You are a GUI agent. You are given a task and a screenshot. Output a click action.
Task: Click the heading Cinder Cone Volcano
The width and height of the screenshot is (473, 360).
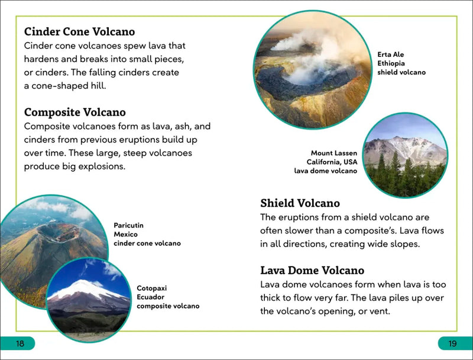point(79,32)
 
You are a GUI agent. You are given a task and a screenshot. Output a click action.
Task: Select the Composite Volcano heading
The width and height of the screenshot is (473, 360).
point(74,112)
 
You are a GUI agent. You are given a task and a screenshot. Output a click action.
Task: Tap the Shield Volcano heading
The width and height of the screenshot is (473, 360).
point(300,203)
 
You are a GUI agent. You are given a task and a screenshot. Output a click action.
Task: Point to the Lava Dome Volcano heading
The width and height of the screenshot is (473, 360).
point(312,271)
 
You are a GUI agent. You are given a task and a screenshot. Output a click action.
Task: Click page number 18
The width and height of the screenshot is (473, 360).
point(20,344)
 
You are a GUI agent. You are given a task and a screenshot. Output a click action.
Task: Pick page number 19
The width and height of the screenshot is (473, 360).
point(452,344)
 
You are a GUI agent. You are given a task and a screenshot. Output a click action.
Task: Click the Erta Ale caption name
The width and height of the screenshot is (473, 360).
point(390,55)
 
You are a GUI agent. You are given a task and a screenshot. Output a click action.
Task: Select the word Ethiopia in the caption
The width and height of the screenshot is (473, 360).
point(392,64)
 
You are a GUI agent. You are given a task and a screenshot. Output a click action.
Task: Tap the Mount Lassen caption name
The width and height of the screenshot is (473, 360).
point(334,153)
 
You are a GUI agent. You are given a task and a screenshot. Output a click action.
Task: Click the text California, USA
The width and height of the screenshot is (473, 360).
point(332,162)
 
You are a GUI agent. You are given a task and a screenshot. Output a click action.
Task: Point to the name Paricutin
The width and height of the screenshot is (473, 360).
point(128,225)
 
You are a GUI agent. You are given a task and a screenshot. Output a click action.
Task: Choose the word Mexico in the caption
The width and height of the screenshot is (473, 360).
point(125,234)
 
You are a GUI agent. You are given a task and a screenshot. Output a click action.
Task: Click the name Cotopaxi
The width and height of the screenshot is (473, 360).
point(151,288)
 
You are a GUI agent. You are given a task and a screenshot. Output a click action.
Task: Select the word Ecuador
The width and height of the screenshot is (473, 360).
point(151,297)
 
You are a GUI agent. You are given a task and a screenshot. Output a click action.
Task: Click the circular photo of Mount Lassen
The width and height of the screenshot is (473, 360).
point(405,155)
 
